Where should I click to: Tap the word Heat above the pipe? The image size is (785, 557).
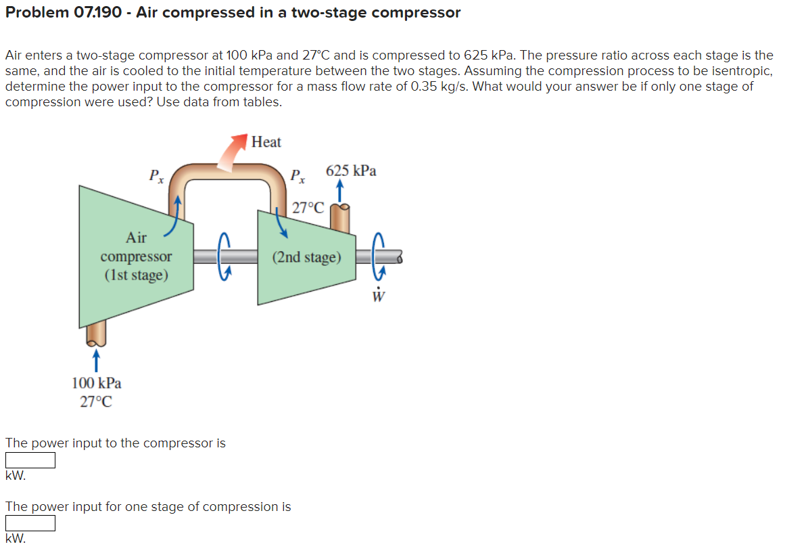266,142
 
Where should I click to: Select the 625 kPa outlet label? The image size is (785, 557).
351,171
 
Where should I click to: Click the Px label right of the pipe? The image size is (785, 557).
297,176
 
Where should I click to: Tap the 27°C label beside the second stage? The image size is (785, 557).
308,207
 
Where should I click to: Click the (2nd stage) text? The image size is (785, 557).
306,257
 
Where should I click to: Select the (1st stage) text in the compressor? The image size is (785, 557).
136,275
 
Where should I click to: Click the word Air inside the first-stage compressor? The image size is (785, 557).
136,238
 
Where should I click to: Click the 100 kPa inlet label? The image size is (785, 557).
97,383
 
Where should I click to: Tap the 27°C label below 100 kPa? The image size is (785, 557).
97,401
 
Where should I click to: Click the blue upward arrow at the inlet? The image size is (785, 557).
97,357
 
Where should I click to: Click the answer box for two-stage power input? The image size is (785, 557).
30,460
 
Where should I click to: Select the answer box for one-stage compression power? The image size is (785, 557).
30,523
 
